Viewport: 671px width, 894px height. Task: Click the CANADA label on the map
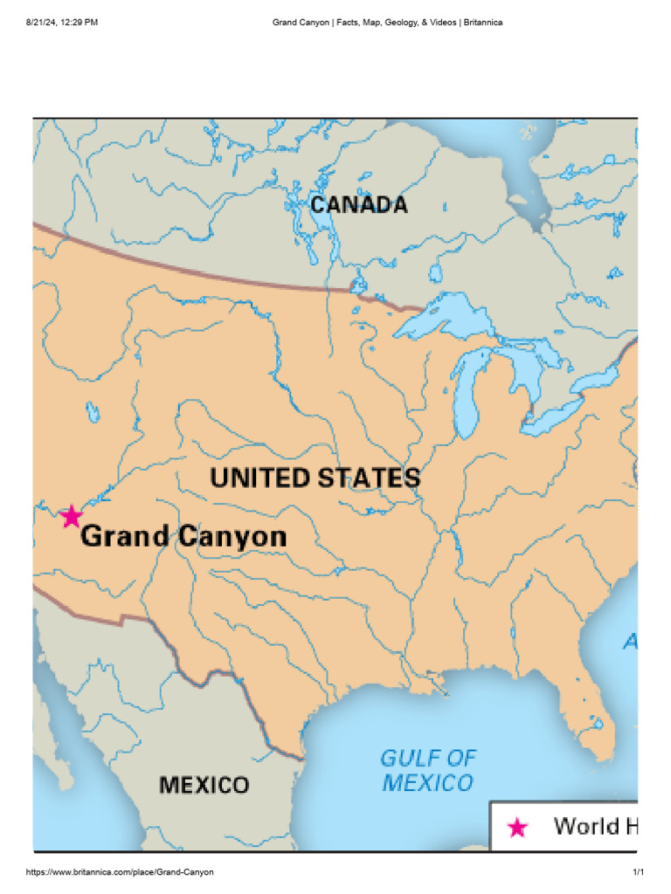[x=359, y=205]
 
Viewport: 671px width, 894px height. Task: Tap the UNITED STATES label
[x=315, y=478]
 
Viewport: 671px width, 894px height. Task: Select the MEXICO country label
[x=204, y=785]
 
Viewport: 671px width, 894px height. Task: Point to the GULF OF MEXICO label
[x=428, y=769]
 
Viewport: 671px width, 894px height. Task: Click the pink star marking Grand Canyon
[x=71, y=516]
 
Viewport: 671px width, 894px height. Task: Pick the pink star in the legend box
[x=517, y=828]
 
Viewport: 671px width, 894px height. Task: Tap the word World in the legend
[x=586, y=826]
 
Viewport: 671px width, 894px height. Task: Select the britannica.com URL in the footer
[x=120, y=872]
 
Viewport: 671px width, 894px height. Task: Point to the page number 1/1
[x=638, y=872]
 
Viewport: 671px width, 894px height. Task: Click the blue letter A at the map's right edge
[x=630, y=643]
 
